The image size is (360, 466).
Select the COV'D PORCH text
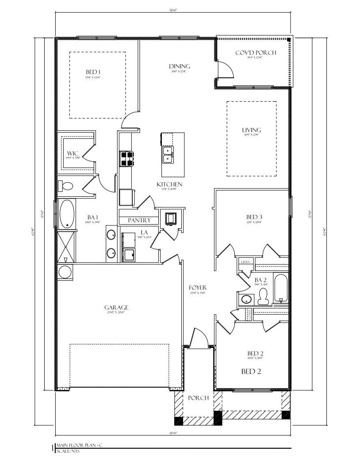tap(255, 53)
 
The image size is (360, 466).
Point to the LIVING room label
tap(251, 130)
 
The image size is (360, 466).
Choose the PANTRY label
tap(139, 220)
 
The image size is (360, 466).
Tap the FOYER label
tap(198, 288)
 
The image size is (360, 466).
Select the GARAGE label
tap(116, 307)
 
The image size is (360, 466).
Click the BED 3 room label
tap(254, 217)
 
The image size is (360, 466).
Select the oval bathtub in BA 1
tap(67, 214)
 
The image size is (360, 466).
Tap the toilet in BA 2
tap(263, 300)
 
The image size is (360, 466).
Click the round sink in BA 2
tap(246, 300)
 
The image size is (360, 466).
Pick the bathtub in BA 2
tap(281, 288)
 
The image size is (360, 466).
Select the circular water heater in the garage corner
tap(65, 272)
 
